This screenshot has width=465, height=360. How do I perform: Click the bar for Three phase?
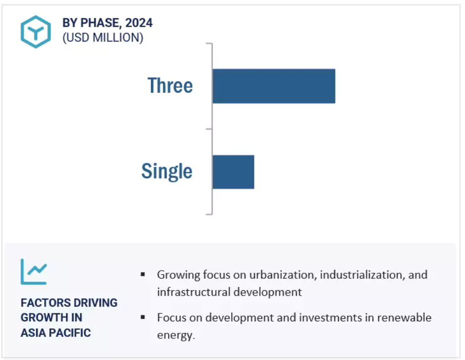pyautogui.click(x=274, y=86)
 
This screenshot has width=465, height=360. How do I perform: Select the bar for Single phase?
pyautogui.click(x=233, y=172)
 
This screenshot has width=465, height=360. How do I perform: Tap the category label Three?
pyautogui.click(x=170, y=85)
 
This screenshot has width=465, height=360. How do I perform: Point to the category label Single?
pyautogui.click(x=167, y=172)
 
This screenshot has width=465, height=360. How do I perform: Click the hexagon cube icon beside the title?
pyautogui.click(x=36, y=32)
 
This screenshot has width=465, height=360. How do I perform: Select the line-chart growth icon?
pyautogui.click(x=34, y=272)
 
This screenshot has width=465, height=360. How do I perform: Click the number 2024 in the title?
pyautogui.click(x=139, y=23)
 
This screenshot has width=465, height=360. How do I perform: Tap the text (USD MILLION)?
pyautogui.click(x=103, y=38)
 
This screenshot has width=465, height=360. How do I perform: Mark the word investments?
pyautogui.click(x=330, y=317)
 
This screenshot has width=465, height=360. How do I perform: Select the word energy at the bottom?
pyautogui.click(x=175, y=335)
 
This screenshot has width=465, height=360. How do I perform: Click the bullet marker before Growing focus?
pyautogui.click(x=143, y=275)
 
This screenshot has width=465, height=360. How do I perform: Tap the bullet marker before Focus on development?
pyautogui.click(x=143, y=317)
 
